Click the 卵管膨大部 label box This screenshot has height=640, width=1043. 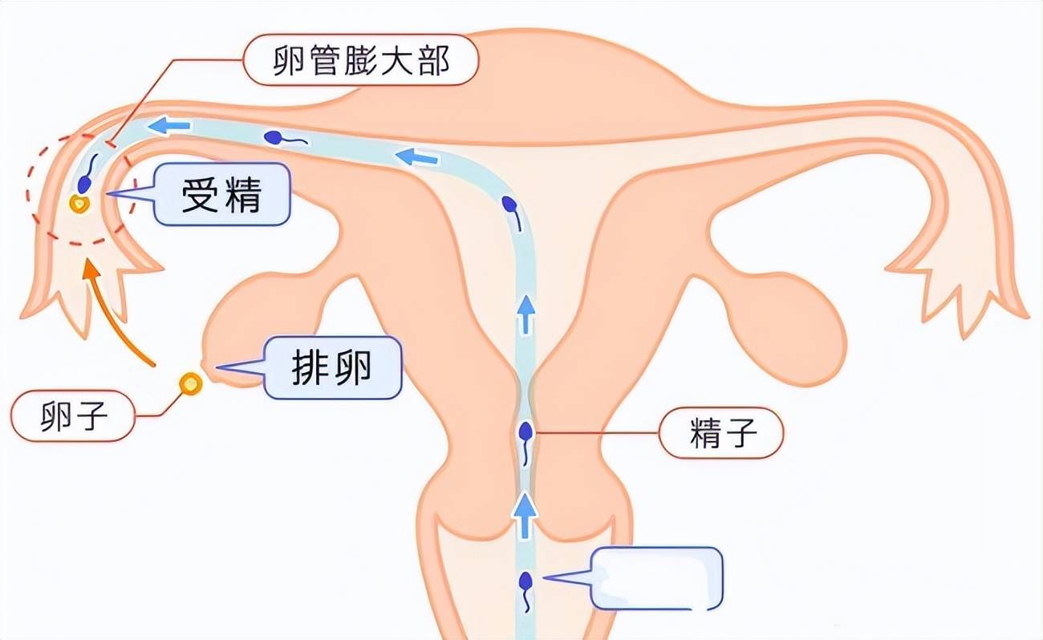coord(360,59)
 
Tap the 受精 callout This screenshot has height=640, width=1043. coord(221,195)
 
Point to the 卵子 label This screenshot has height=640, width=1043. coord(73,415)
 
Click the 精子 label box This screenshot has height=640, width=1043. coord(721,433)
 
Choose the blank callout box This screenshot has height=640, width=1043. coord(657,578)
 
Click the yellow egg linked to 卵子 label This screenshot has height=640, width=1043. coord(191,384)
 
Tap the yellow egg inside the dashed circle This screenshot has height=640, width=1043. coord(79,204)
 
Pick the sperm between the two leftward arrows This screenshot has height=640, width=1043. coord(285,138)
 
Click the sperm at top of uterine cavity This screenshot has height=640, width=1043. coord(511,213)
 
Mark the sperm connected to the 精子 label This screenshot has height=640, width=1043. coord(526,443)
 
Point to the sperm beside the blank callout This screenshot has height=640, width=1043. coord(526,591)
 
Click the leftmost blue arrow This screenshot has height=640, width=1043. coord(169,125)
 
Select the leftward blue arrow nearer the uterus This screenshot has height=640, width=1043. coord(416,157)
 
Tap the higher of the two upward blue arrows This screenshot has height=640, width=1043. coord(526,314)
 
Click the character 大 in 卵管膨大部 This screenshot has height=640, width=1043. coord(396,60)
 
